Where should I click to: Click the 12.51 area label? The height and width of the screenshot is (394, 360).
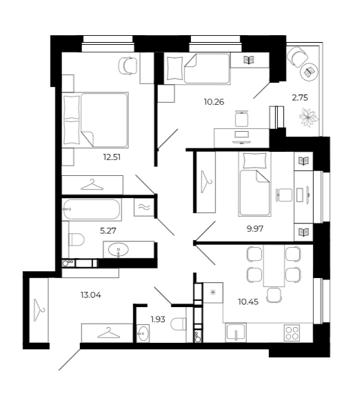[x=112, y=157]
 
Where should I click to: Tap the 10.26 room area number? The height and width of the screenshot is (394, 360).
[x=214, y=102]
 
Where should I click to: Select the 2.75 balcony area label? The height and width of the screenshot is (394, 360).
[x=300, y=97]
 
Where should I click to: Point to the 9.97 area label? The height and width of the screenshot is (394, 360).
[x=255, y=229]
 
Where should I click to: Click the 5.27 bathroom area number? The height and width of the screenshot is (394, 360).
[x=108, y=230]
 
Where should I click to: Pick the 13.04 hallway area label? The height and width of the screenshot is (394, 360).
[x=91, y=295]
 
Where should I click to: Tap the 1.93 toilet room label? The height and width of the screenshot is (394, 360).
[x=158, y=319]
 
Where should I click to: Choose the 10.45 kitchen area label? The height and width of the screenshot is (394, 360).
[x=248, y=302]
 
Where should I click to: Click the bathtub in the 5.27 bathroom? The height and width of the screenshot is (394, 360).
[x=92, y=210]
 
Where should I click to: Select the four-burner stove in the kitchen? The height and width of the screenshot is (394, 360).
[x=292, y=333]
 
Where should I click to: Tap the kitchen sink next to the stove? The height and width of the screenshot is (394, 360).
[x=236, y=333]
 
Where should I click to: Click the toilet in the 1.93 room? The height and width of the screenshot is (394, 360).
[x=179, y=324]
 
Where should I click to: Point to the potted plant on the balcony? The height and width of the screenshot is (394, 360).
[x=309, y=117]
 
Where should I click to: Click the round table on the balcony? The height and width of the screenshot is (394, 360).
[x=310, y=72]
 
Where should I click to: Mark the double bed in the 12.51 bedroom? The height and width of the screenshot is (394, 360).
[x=95, y=120]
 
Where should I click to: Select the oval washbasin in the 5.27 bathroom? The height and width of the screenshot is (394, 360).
[x=119, y=250]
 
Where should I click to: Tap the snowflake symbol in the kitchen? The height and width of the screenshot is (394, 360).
[x=213, y=293]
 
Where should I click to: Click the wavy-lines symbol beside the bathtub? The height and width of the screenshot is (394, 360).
[x=144, y=207]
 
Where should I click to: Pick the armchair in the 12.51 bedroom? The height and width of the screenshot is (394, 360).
[x=128, y=66]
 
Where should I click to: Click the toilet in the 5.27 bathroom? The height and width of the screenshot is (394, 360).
[x=77, y=239]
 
